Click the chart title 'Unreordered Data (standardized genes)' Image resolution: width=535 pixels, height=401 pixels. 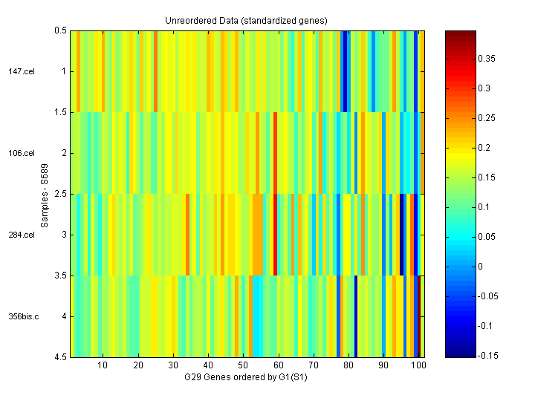coord(246,20)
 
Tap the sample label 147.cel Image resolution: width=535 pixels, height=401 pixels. coord(22,71)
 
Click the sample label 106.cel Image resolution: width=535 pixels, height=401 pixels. coord(22,153)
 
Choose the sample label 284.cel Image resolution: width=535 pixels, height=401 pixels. coord(22,235)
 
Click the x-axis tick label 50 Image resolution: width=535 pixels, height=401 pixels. coord(243,366)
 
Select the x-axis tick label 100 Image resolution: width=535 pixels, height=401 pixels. coord(418,366)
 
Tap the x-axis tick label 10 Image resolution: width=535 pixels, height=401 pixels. coord(103,366)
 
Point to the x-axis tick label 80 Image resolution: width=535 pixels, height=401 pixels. coord(348,366)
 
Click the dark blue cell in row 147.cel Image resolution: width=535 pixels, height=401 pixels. coord(345,71)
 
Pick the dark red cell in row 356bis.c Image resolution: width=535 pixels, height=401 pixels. coord(419,316)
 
